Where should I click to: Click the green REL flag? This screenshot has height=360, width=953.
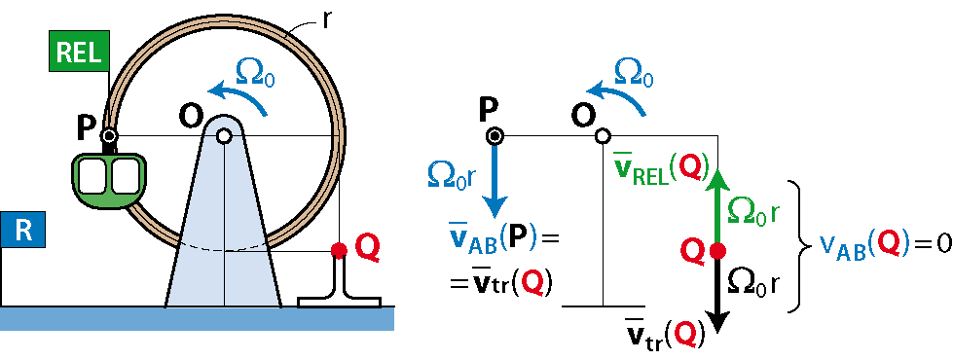(79, 53)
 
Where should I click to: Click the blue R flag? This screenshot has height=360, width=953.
(21, 233)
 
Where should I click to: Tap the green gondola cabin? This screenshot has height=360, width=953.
(109, 179)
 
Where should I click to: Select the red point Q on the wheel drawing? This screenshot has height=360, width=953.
(339, 249)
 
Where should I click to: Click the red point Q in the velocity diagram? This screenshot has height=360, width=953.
(717, 249)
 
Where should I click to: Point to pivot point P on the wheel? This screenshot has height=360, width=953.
(109, 136)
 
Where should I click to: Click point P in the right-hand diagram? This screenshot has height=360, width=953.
(495, 136)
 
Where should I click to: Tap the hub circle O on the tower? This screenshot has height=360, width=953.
(224, 136)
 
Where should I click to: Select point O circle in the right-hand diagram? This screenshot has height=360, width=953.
(603, 136)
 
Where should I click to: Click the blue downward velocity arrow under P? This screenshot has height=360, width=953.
(495, 180)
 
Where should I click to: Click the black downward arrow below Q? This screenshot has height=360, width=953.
(717, 295)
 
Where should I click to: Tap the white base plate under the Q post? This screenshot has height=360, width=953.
(339, 302)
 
